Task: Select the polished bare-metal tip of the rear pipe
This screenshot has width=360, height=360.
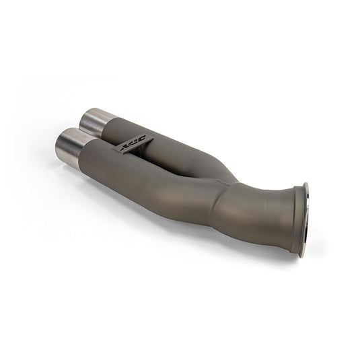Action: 96,122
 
